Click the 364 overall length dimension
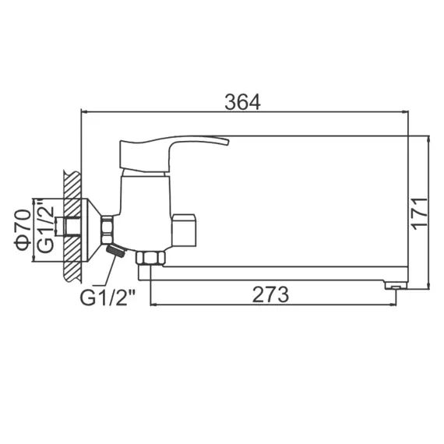pos(242,102)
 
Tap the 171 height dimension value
pos(421,212)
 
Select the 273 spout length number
pos(270,294)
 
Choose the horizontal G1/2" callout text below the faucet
pos(107,296)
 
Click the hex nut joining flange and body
pos(107,228)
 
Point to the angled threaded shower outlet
pos(115,251)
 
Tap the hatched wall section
pos(72,226)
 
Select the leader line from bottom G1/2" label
pos(104,272)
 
